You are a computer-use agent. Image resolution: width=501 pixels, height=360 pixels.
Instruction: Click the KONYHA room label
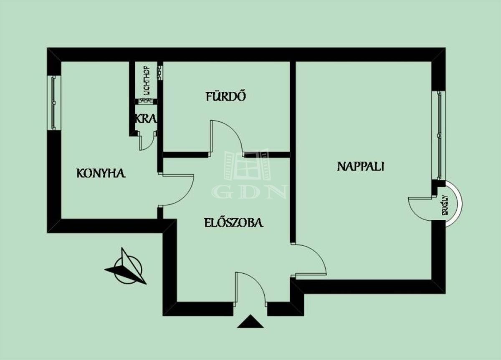(101, 173)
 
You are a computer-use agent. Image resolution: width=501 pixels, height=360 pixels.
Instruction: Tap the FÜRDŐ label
(225, 96)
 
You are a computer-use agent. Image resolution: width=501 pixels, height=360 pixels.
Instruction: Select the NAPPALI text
(360, 166)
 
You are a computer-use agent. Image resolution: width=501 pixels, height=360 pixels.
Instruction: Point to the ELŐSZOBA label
(233, 222)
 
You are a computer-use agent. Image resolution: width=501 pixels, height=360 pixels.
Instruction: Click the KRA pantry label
(145, 118)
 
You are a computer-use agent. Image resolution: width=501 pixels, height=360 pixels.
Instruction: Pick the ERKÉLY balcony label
(445, 204)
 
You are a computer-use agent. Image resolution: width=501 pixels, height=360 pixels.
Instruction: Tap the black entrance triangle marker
(250, 322)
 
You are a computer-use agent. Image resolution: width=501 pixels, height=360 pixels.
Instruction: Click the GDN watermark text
(249, 191)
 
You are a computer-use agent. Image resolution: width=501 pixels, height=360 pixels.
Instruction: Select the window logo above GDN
(248, 165)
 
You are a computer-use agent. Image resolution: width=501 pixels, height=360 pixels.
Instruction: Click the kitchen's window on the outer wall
(53, 103)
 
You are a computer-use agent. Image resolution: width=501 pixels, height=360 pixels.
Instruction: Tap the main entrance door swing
(249, 287)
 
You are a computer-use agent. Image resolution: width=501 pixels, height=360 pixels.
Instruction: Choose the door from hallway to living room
(309, 261)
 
